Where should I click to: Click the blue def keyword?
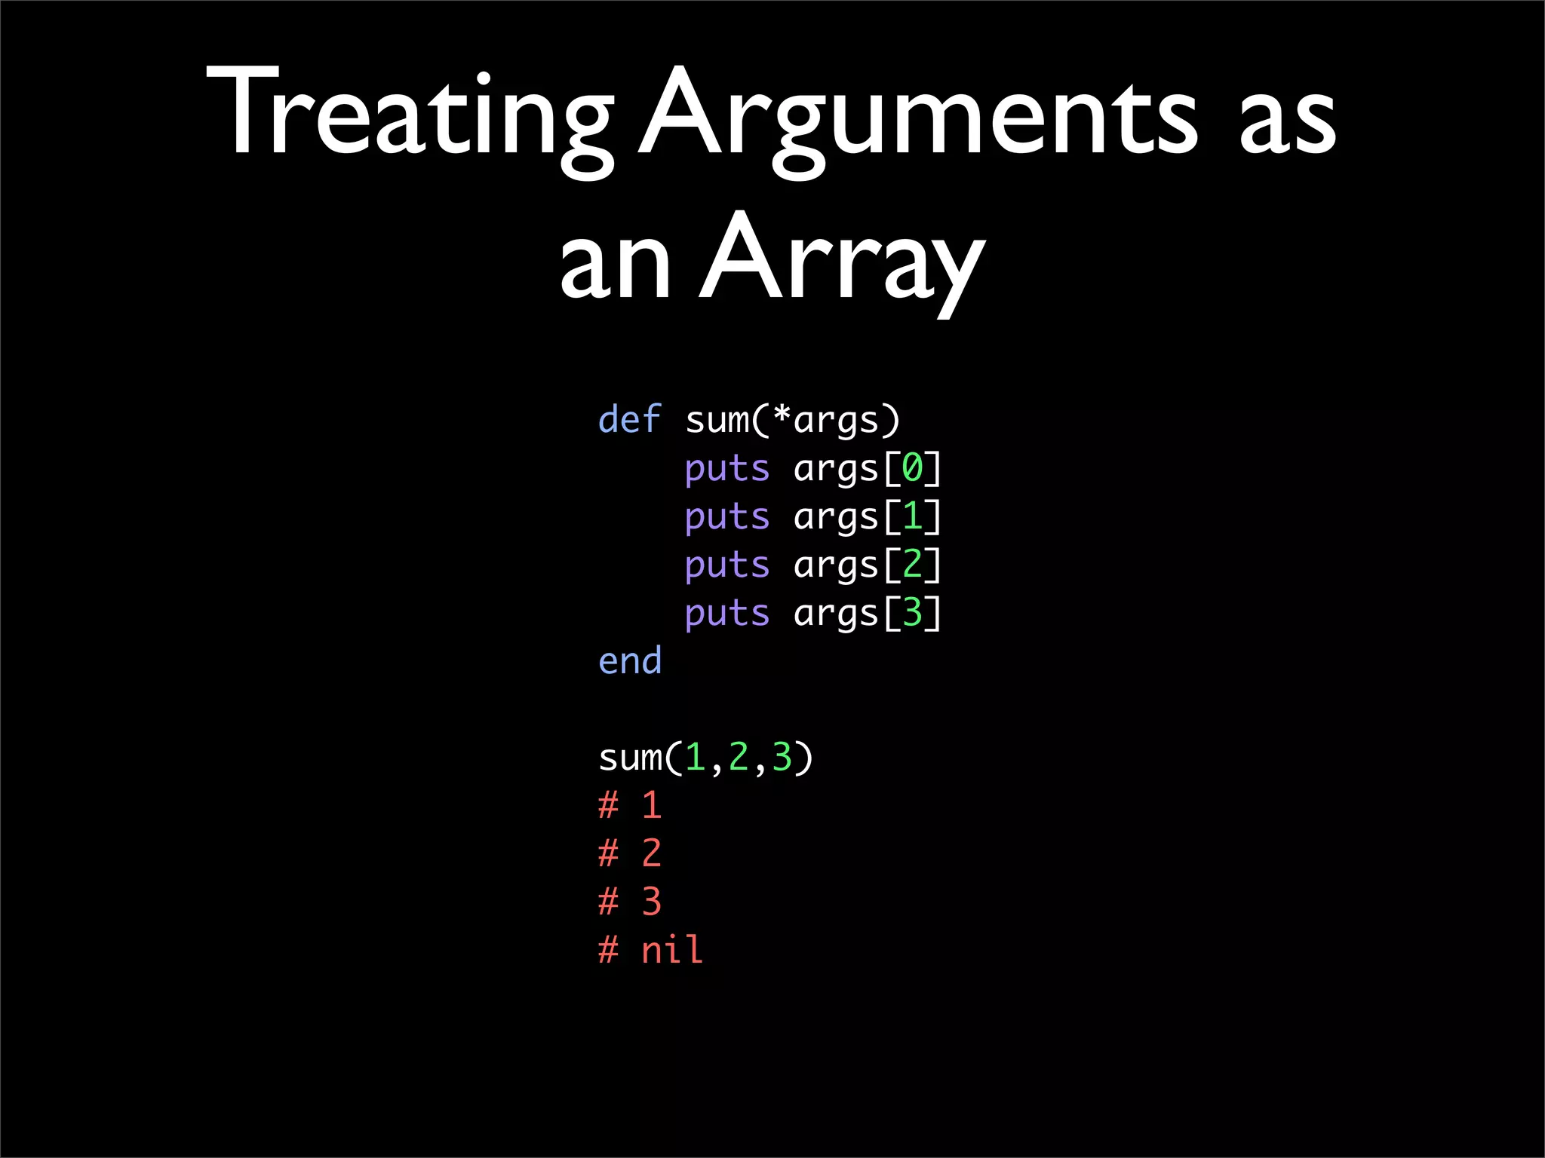point(629,419)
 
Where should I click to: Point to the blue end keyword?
point(629,661)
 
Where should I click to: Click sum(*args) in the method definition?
point(792,420)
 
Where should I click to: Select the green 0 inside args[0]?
point(912,467)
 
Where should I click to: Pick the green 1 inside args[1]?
point(912,516)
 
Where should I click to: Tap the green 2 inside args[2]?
point(912,564)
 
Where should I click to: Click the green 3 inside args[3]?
point(912,612)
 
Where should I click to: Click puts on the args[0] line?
point(726,469)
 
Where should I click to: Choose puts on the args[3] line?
point(726,614)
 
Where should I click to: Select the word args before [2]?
point(836,565)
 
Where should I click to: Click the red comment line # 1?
point(630,805)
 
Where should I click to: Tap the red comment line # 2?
point(630,853)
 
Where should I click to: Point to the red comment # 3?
point(630,902)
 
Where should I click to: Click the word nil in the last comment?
point(671,949)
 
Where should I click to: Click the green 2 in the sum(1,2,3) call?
point(738,757)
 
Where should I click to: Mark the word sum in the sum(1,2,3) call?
point(630,758)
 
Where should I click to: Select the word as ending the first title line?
point(1287,121)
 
